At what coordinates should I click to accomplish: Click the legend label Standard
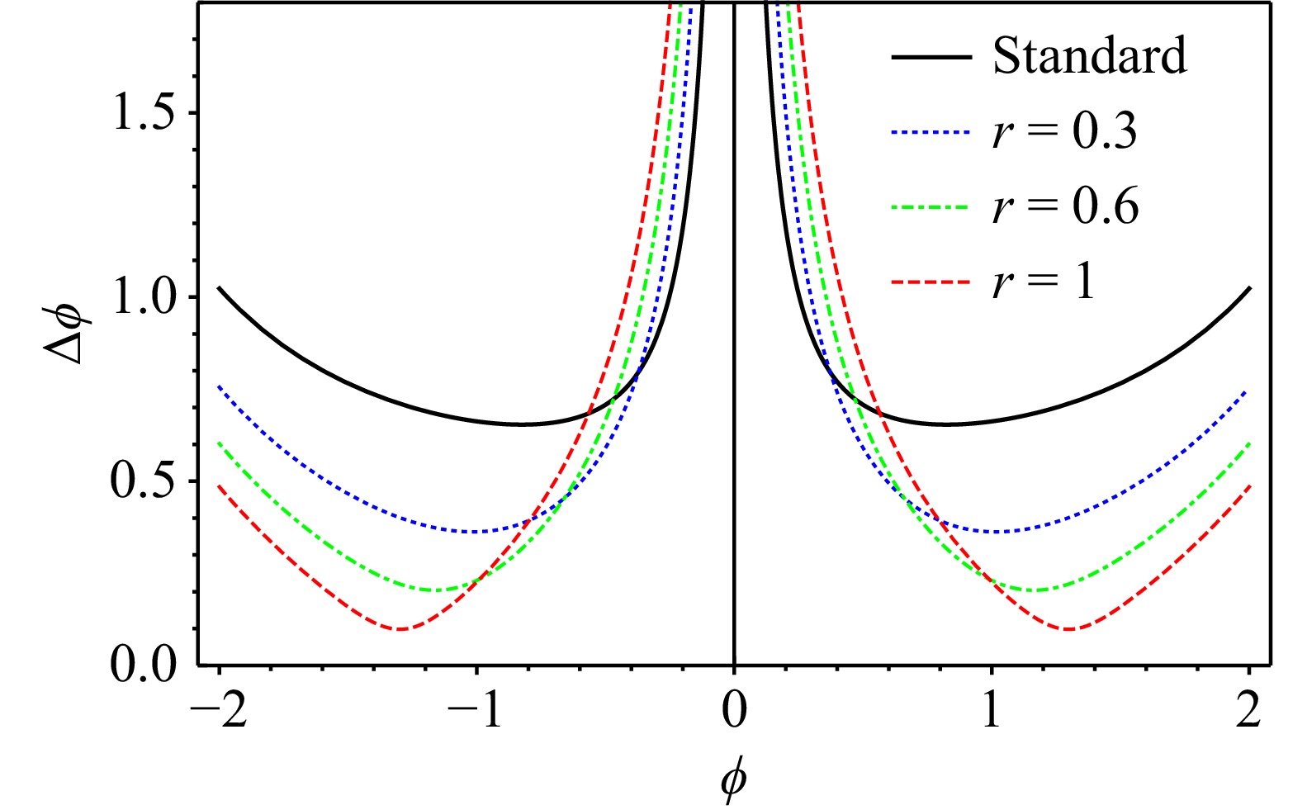point(1089,56)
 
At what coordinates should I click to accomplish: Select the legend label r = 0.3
point(1064,131)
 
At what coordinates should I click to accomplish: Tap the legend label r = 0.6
point(1065,206)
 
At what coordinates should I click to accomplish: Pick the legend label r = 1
point(1044,282)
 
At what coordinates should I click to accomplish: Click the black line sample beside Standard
point(931,57)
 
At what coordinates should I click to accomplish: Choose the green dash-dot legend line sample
point(930,207)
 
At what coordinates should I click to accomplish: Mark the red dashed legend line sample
point(930,282)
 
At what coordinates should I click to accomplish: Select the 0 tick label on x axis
point(734,710)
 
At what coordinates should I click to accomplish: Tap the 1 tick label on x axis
point(992,710)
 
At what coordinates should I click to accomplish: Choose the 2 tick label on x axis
point(1249,710)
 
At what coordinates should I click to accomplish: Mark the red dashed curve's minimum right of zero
point(1069,629)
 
